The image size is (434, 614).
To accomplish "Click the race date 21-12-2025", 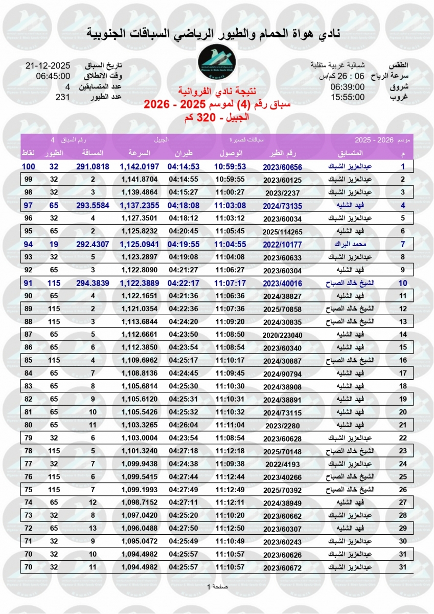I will (48, 67).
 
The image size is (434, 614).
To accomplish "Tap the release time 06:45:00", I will (53, 77).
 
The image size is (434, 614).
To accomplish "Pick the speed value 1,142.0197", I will (140, 167).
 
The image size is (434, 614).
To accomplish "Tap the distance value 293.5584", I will (93, 206).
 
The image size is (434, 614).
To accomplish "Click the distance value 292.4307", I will (93, 244).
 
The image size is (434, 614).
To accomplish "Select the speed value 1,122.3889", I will (140, 283).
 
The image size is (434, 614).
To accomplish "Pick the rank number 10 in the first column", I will (403, 283).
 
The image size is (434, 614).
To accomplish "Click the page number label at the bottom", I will (217, 586).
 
